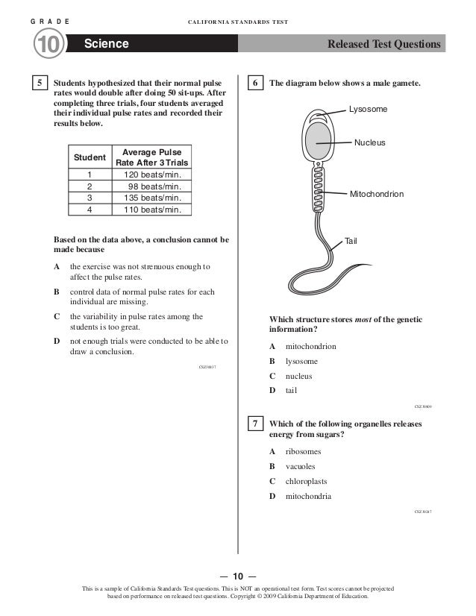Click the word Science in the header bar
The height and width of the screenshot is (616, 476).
(107, 45)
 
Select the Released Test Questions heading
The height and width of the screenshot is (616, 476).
(383, 45)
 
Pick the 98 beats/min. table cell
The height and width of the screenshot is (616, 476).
(152, 186)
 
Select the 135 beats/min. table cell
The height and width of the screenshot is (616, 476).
(152, 198)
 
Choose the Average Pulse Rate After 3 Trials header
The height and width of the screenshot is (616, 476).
(152, 157)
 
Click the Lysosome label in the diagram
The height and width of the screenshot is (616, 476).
(369, 110)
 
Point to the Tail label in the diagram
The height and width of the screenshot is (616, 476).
(351, 241)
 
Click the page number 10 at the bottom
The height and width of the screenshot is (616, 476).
(237, 576)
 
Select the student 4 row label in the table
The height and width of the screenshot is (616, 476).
(90, 209)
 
